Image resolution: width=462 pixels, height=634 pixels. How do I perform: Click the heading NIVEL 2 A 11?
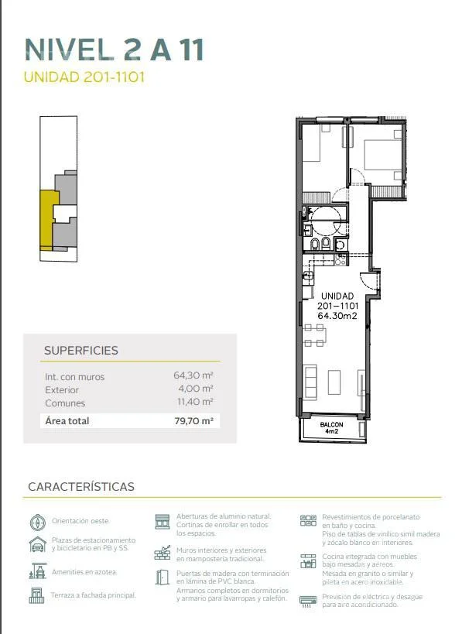115,50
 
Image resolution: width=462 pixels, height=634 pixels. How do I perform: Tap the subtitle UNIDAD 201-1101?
84,77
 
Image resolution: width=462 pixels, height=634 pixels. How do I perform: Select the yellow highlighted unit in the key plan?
47,221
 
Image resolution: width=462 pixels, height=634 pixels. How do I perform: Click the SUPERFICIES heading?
80,350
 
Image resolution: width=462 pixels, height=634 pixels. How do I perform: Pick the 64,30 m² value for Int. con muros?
193,375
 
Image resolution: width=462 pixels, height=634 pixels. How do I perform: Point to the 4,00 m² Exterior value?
196,389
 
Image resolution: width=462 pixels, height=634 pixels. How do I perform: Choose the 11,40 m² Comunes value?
195,402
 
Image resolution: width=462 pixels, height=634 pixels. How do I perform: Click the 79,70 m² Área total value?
193,420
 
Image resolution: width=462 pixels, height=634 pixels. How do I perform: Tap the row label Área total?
67,420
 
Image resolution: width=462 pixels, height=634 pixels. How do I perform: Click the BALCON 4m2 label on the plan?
331,428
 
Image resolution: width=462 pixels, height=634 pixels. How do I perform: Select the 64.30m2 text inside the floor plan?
337,316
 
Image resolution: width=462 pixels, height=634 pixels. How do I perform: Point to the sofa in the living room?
310,382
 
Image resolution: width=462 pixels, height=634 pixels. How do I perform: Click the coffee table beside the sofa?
334,382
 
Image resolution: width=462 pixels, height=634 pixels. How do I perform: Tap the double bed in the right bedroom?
383,155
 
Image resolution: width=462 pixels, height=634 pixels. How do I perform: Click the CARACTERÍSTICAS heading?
81,486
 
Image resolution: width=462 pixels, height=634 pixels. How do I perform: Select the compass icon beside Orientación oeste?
38,522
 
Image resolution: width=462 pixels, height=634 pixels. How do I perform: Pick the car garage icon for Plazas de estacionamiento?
38,544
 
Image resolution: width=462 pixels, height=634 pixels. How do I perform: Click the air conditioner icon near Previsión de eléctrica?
309,601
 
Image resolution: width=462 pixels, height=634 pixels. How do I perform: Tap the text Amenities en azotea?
84,572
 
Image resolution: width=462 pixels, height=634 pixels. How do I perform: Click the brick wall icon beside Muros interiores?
163,553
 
